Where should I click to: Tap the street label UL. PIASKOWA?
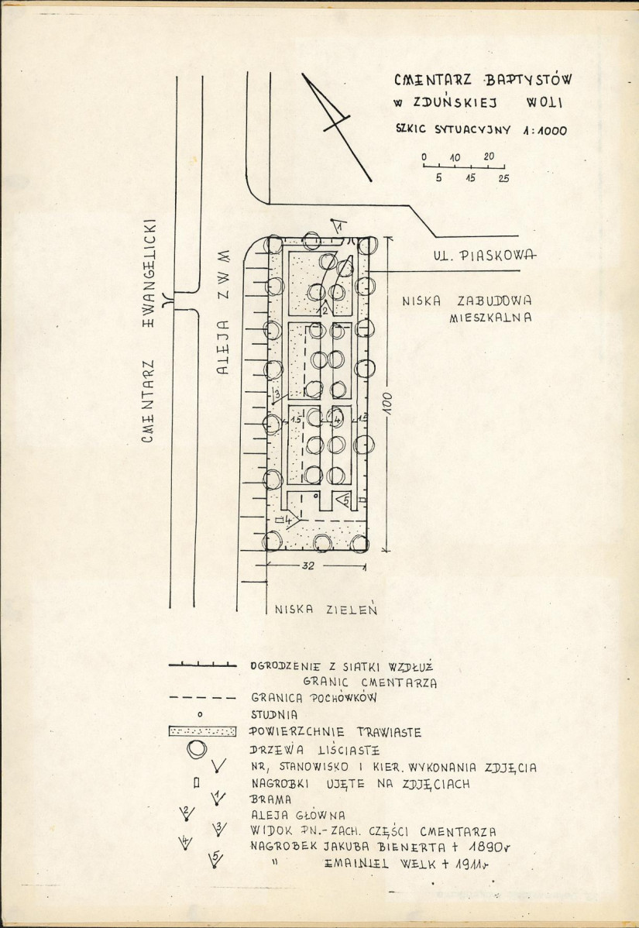[x=485, y=255]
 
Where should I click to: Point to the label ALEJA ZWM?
[x=222, y=312]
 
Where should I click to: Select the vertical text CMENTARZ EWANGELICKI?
[x=148, y=330]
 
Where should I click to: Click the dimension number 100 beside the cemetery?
[x=389, y=403]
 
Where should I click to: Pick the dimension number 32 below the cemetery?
[x=308, y=565]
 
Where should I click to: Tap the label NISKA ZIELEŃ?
[x=325, y=609]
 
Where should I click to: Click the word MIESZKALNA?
[x=490, y=318]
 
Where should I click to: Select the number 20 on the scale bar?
[x=489, y=156]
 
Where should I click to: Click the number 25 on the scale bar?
[x=503, y=177]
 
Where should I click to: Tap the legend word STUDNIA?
[x=274, y=715]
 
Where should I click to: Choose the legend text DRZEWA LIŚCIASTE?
[x=314, y=750]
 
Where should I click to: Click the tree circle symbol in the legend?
[x=197, y=748]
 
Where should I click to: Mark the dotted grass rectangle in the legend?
[x=202, y=731]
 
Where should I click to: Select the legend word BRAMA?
[x=271, y=799]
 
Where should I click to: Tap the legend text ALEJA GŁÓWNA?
[x=298, y=815]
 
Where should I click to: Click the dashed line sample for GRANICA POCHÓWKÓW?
[x=202, y=698]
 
